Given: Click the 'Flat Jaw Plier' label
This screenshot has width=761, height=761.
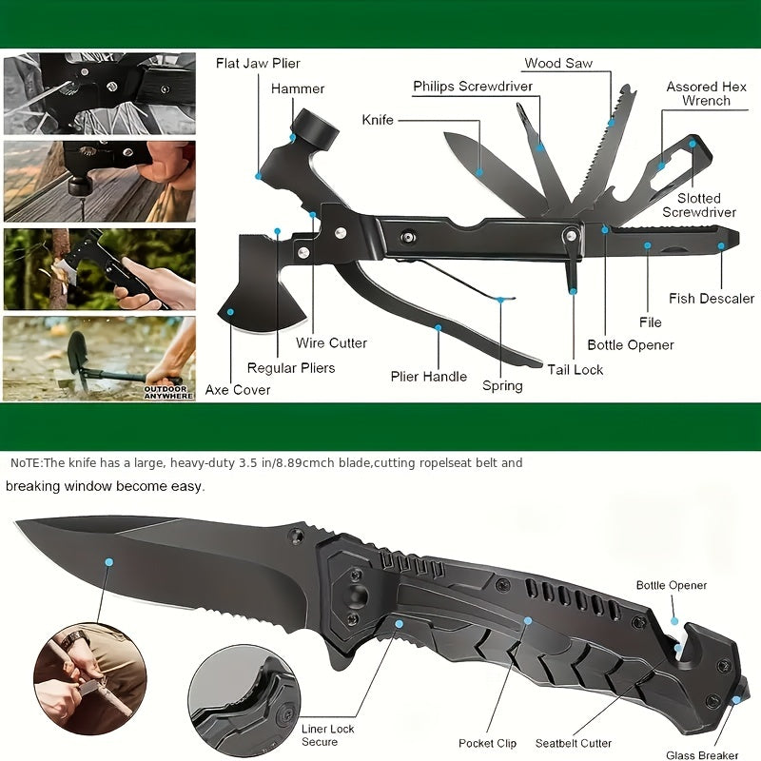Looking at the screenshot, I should click(258, 64).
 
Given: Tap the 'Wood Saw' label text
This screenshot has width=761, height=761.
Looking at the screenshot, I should click(558, 64).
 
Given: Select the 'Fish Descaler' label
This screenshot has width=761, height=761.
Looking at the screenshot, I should click(712, 299).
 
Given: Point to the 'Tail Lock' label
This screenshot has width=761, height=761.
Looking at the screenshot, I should click(576, 369).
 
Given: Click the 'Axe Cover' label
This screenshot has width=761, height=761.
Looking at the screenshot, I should click(238, 390).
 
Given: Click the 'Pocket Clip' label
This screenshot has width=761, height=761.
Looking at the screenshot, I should click(487, 743).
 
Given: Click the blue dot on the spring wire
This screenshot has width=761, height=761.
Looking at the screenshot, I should click(502, 300).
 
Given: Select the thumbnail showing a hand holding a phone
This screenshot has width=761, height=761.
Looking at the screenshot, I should click(99, 268).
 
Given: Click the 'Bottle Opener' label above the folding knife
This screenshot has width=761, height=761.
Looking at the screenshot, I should click(672, 585).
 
